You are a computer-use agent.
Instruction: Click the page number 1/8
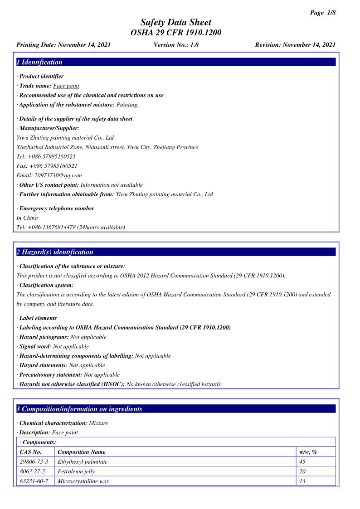coord(323,13)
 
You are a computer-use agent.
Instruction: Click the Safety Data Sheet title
coord(176,22)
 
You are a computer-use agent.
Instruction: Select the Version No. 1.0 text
coord(176,45)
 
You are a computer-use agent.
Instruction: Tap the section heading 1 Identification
coord(39,63)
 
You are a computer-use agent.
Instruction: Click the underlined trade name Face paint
coord(66,86)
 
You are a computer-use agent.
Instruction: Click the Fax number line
coord(47,166)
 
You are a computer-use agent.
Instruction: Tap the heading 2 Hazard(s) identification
coord(55,252)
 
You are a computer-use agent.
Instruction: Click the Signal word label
coord(35,346)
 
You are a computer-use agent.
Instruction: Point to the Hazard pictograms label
coord(44,337)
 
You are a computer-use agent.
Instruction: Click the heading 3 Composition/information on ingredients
coord(79,409)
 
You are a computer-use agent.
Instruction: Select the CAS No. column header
coord(31,452)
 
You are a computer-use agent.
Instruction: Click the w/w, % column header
coord(308,452)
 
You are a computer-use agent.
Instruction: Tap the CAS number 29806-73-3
coord(34,462)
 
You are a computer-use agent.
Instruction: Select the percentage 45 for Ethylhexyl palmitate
coord(302,462)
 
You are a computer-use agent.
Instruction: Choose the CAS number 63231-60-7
coord(34,481)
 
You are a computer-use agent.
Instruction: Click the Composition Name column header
coord(82,452)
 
